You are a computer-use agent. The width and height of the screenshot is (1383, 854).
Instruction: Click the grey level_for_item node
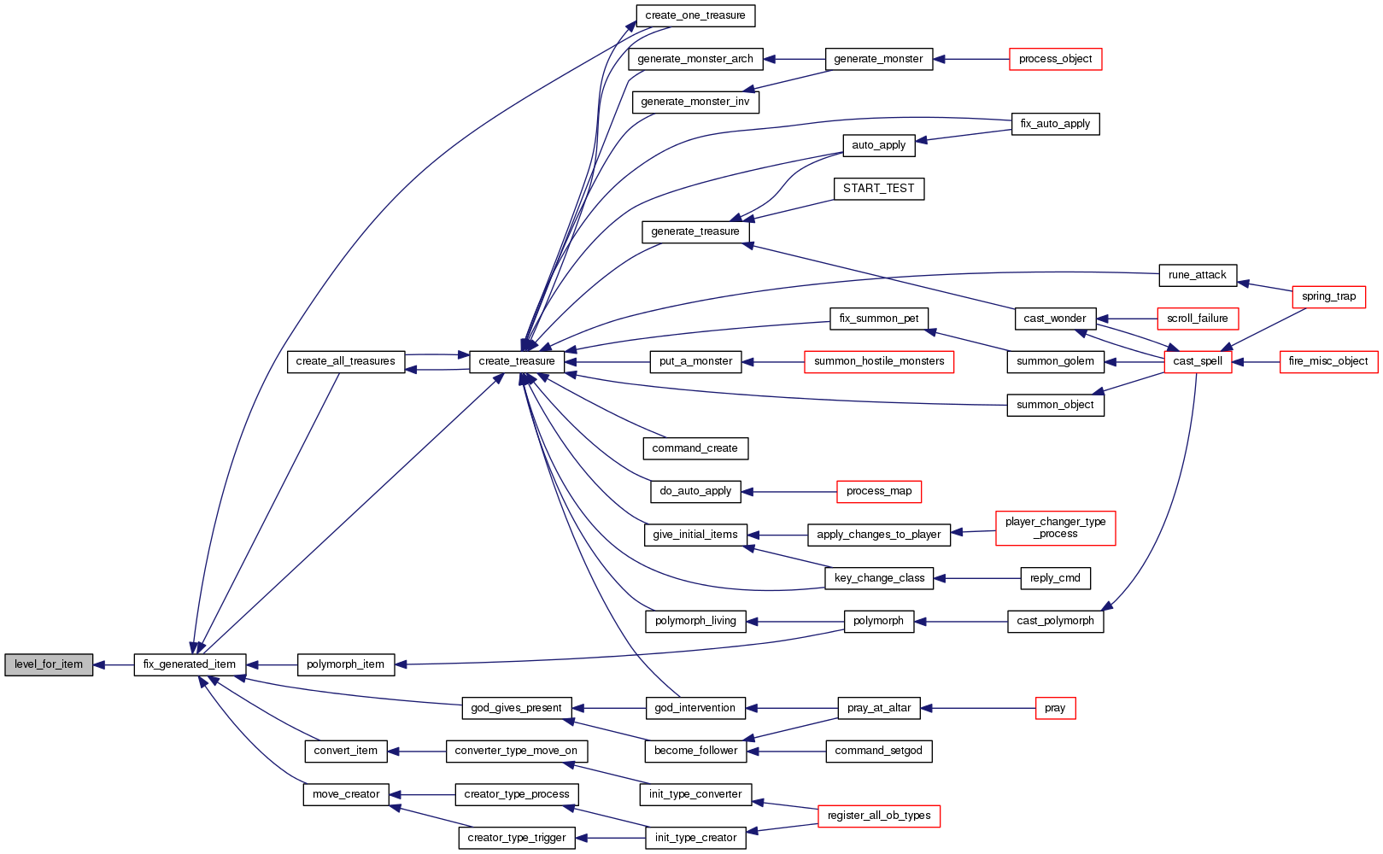coord(49,664)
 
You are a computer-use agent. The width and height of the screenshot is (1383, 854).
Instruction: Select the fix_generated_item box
coord(190,664)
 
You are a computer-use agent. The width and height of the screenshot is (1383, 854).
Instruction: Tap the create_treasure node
coord(517,361)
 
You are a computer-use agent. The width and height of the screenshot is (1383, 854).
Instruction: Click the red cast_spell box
coord(1198,361)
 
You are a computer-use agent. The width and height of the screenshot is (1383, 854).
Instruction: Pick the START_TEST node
coord(878,189)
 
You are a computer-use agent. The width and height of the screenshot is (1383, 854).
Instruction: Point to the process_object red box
coord(1055,59)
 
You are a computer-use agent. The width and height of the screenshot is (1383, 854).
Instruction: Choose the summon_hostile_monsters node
coord(878,361)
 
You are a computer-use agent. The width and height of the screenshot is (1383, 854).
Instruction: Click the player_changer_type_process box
coord(1055,528)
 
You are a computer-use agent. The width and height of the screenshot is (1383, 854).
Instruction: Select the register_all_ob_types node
coord(878,816)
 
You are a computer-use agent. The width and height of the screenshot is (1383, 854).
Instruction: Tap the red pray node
coord(1055,708)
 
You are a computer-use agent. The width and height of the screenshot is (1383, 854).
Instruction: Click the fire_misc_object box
coord(1327,361)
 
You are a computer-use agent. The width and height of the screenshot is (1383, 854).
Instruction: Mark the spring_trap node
coord(1328,296)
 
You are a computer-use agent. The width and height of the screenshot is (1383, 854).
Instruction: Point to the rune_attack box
coord(1197,275)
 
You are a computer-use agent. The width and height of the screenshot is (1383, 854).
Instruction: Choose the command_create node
coord(694,448)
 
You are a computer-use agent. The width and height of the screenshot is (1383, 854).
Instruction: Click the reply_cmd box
coord(1055,578)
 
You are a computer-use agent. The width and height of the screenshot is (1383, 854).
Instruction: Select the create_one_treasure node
coord(694,15)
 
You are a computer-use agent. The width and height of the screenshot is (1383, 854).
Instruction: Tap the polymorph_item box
coord(345,664)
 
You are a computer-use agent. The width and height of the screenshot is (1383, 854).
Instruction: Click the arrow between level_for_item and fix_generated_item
coord(113,664)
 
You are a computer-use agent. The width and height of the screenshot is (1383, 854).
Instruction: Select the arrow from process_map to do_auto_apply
coord(788,492)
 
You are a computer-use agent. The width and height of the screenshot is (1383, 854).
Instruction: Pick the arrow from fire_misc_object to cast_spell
coord(1256,362)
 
